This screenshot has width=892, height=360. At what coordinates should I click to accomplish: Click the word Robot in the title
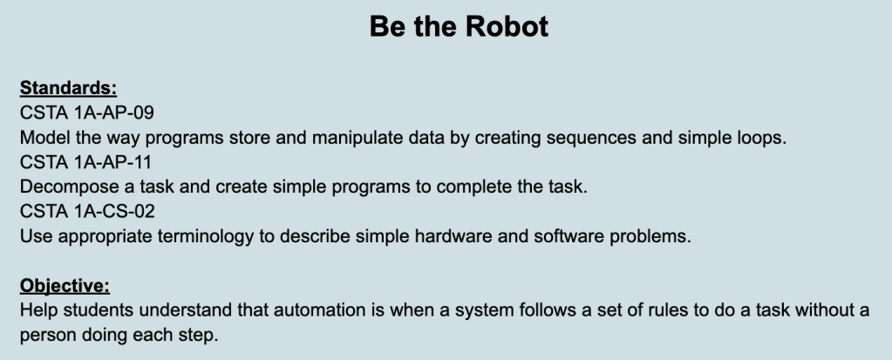[x=507, y=26]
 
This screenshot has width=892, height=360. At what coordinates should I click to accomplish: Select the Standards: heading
[x=68, y=88]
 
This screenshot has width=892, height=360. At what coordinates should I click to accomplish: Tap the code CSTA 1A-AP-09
[x=87, y=112]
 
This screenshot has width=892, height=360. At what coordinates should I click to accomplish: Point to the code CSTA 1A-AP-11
[x=86, y=162]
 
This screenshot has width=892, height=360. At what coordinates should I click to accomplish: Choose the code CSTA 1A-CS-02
[x=87, y=211]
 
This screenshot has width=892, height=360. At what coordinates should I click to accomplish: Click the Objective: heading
[x=65, y=286]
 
